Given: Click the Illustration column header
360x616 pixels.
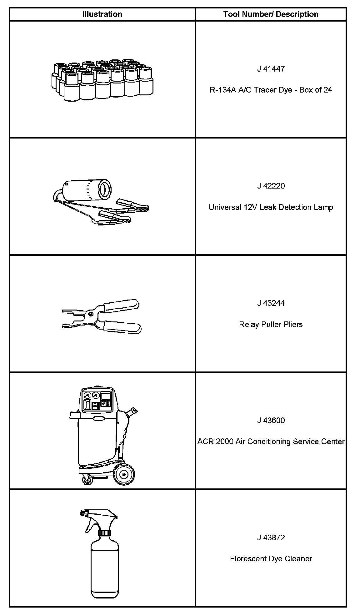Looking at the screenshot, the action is pyautogui.click(x=102, y=14).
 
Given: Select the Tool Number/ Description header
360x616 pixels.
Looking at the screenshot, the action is pyautogui.click(x=271, y=14).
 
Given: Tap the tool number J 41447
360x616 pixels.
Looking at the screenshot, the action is pyautogui.click(x=271, y=69).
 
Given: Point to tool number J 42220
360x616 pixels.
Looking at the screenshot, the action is pyautogui.click(x=271, y=186).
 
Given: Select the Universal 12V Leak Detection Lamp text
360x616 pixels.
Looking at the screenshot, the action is pyautogui.click(x=271, y=207).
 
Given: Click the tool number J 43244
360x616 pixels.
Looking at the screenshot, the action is pyautogui.click(x=271, y=303).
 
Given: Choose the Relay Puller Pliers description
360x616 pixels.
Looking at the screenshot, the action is pyautogui.click(x=271, y=325).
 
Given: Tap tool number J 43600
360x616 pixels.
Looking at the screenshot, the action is pyautogui.click(x=271, y=421).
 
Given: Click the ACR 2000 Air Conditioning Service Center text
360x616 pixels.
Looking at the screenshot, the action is pyautogui.click(x=271, y=442).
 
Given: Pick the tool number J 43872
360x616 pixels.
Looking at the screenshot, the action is pyautogui.click(x=271, y=538).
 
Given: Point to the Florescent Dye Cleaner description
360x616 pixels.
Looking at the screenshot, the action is pyautogui.click(x=271, y=559).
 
